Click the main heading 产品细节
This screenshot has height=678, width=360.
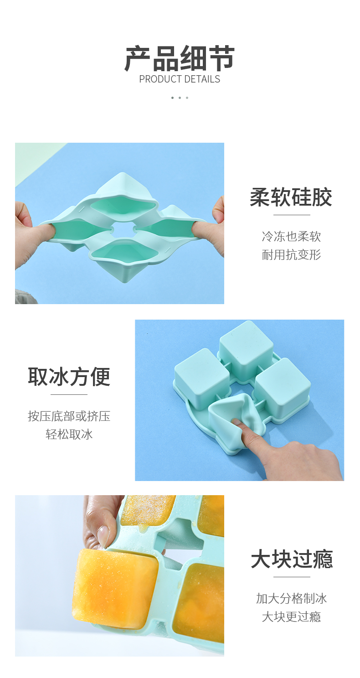[180, 58]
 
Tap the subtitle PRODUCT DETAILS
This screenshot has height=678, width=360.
[180, 79]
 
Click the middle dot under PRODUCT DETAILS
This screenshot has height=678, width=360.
[180, 98]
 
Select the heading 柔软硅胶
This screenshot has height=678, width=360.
[291, 197]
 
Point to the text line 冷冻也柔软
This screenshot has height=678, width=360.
[291, 236]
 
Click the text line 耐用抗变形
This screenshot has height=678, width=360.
[291, 254]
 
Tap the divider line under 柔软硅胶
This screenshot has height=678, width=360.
[292, 215]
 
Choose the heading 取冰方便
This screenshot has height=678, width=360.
[69, 377]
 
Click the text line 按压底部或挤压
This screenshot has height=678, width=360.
[69, 416]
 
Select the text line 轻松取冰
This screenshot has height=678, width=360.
[69, 435]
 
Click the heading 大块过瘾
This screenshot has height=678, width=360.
[292, 559]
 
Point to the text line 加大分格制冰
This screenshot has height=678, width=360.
[292, 598]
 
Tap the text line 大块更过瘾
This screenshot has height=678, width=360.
[292, 616]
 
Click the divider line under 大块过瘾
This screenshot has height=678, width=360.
[292, 577]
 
